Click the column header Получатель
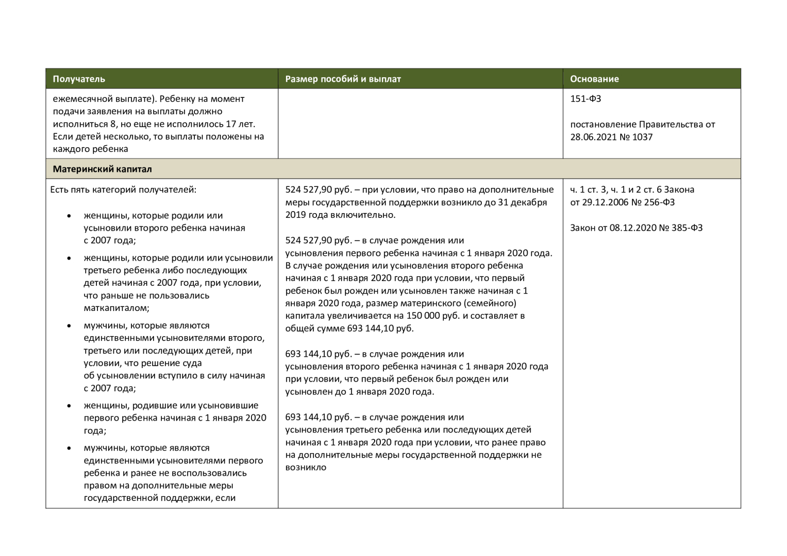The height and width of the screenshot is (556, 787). coord(79,79)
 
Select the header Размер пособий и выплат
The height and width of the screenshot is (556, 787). coord(343,79)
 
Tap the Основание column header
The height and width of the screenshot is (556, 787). coord(594,79)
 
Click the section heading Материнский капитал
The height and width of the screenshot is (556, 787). coord(102,169)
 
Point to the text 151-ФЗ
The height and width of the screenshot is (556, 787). coord(585,99)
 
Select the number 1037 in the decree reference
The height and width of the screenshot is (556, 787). coord(642,137)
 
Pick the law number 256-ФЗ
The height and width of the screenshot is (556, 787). coord(659,202)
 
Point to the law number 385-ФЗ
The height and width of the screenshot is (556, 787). coord(687,228)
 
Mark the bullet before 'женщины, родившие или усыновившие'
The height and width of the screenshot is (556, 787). coord(69,406)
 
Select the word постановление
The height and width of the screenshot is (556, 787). coord(603,125)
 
